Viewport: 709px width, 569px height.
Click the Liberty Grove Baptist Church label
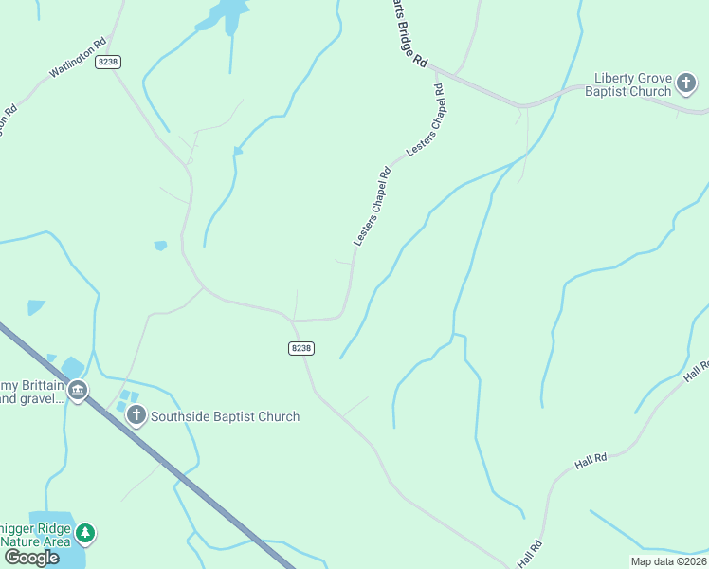(632, 84)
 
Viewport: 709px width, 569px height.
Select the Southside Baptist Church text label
(225, 416)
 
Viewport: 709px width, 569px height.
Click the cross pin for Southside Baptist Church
(136, 415)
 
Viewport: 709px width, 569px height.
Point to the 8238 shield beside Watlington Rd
(109, 62)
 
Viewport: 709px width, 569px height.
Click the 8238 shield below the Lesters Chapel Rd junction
(300, 348)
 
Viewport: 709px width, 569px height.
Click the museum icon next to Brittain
(78, 390)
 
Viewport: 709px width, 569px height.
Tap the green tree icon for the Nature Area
(86, 533)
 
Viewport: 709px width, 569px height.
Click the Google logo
(31, 557)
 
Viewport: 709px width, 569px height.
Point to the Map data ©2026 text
(668, 561)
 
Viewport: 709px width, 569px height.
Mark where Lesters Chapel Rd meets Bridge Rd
(445, 77)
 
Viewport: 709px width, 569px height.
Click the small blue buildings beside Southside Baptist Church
(126, 399)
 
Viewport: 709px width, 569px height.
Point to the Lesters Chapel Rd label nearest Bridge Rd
(427, 120)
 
